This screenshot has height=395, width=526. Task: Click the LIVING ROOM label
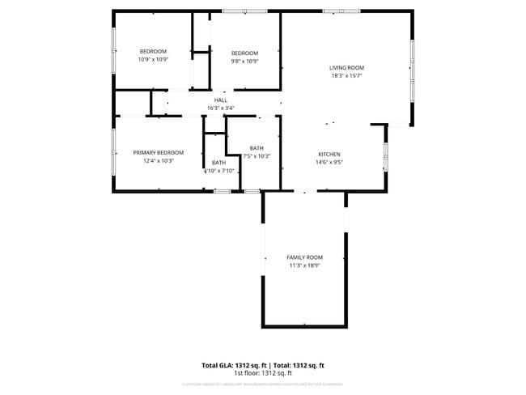point(346,68)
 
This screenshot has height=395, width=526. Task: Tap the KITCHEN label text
point(329,154)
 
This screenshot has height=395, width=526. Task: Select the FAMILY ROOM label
point(304,257)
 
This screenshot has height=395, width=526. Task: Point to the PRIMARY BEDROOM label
point(159,152)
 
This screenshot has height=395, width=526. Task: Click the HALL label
point(220,100)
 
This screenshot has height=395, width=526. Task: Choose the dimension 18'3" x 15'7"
point(346,76)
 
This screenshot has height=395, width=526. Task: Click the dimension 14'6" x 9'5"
point(329,162)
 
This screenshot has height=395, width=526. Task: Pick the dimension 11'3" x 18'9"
point(304,265)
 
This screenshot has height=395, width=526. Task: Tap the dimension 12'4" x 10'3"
point(159,160)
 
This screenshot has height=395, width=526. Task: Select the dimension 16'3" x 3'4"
point(220,108)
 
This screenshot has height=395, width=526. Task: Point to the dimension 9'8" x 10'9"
point(244,61)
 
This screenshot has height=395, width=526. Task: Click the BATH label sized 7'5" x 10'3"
point(257,148)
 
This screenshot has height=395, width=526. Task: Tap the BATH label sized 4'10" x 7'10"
point(218,163)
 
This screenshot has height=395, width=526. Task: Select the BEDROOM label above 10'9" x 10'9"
point(152,52)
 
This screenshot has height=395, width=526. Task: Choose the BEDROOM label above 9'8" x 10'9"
point(244,53)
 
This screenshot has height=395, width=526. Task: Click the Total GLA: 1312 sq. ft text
point(234,365)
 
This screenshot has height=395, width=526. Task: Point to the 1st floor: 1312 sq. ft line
point(262,373)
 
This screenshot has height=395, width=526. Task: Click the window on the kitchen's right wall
point(385,157)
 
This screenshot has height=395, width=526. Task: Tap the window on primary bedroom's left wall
point(112,152)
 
